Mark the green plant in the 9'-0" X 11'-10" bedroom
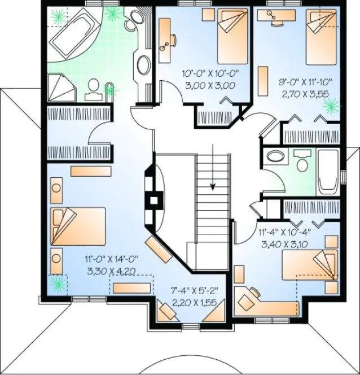pyautogui.click(x=331, y=104)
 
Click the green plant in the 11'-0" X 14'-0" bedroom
pyautogui.click(x=56, y=283)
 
